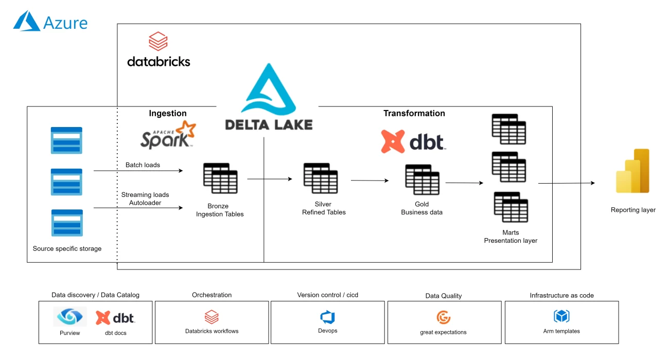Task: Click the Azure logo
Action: point(50,22)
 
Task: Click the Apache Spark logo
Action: point(168,135)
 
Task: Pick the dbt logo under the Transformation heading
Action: point(413,141)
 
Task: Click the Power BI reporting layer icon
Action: point(632,171)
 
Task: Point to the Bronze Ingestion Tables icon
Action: point(220,178)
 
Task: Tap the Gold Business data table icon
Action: point(422,179)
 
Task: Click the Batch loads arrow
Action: point(138,171)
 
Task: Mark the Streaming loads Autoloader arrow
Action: point(138,208)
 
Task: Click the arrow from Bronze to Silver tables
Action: point(269,179)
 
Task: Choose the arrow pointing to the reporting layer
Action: point(566,183)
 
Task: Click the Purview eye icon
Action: point(69,317)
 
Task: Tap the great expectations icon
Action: point(443,317)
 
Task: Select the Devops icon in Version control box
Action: point(327,317)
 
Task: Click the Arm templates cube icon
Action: point(561,316)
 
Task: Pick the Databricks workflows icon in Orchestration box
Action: point(212,316)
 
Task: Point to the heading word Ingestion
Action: point(168,114)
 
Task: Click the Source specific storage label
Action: point(67,249)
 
